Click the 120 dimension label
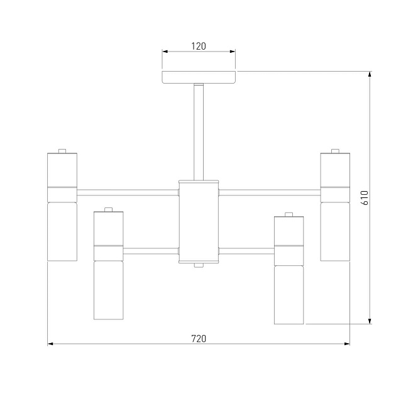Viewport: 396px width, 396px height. [199, 47]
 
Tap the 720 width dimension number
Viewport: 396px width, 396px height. [199, 339]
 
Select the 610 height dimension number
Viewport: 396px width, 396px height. [365, 198]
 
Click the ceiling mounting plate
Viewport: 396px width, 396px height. [199, 77]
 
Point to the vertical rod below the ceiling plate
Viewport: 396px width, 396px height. [199, 132]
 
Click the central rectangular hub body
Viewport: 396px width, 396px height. [199, 222]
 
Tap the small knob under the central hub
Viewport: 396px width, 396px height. [199, 265]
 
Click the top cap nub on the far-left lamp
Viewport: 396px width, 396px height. [62, 151]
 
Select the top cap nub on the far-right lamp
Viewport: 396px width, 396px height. [335, 151]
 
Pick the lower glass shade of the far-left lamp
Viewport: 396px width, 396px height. [62, 231]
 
